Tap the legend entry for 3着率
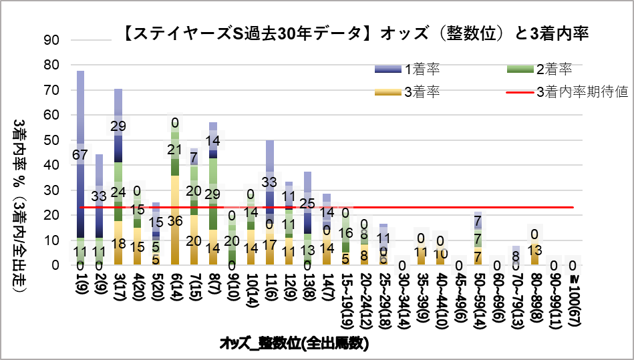(421, 92)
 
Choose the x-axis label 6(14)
(175, 286)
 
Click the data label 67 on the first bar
(80, 156)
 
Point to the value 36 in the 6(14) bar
(175, 220)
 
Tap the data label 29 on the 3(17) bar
(118, 126)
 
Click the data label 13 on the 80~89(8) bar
(535, 250)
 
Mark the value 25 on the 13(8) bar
(308, 203)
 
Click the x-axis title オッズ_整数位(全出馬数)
(294, 344)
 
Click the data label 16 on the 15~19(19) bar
(345, 233)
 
